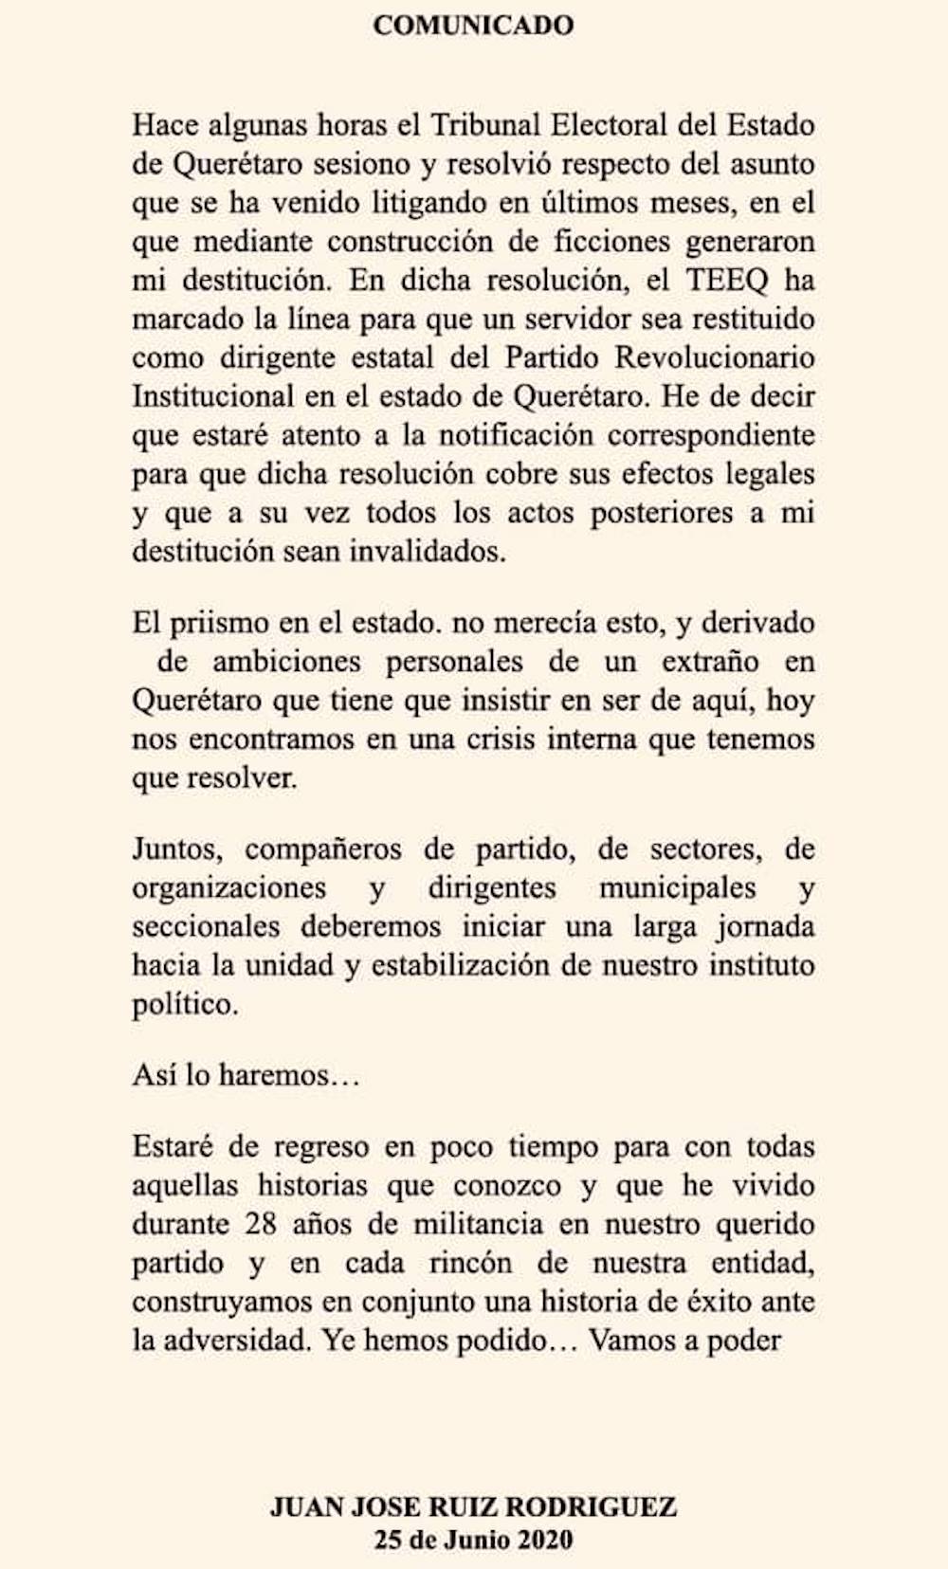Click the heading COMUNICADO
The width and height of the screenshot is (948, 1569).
(473, 26)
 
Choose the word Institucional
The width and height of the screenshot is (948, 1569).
(213, 397)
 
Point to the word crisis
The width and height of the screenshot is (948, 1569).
(501, 739)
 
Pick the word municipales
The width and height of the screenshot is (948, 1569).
(678, 887)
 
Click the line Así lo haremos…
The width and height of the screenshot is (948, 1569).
(246, 1075)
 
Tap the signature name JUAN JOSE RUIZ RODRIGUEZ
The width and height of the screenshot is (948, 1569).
(473, 1507)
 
